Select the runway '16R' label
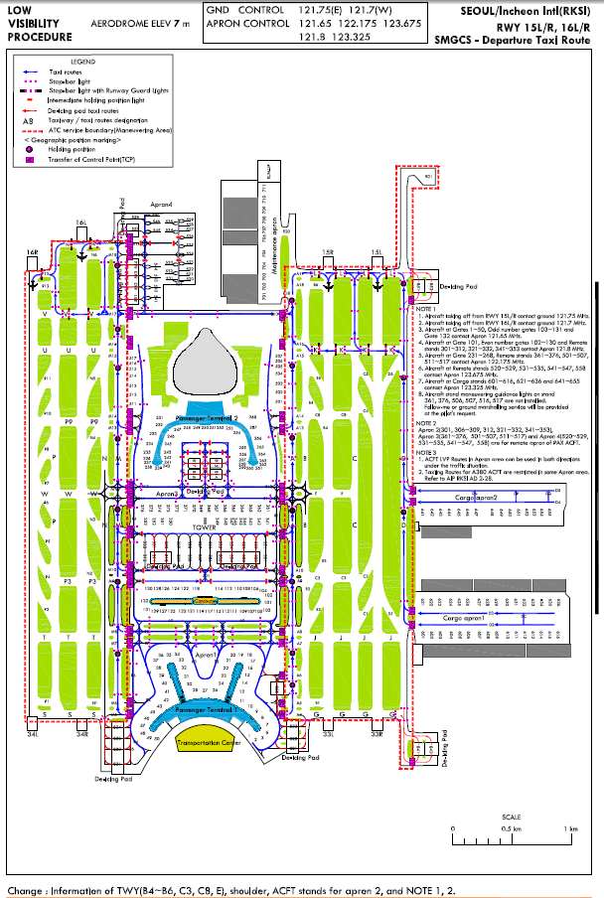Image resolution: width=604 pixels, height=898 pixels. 32,253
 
